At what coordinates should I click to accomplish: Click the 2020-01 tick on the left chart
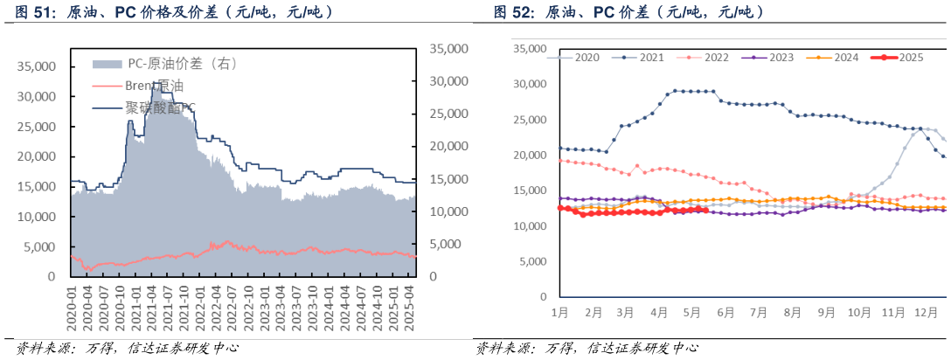[x=72, y=301]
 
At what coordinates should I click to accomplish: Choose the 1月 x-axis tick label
[x=561, y=312]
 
